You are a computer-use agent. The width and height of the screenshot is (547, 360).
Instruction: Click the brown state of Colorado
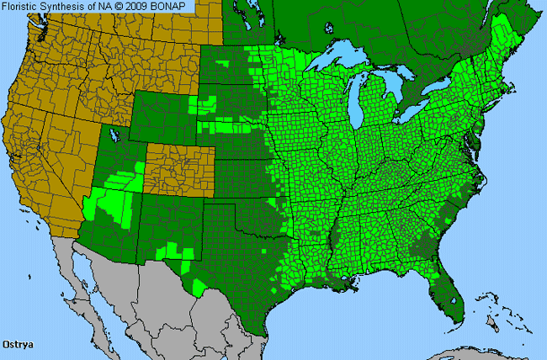[178, 164]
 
